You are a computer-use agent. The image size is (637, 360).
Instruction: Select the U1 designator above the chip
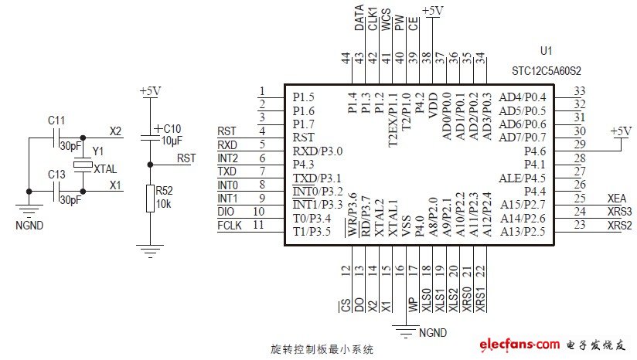[546, 52]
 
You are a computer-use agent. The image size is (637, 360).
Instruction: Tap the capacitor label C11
[56, 121]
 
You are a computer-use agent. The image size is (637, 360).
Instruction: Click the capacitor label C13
[56, 175]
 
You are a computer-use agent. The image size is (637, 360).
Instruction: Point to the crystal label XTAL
[105, 168]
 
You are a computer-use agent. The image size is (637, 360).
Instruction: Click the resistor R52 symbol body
[149, 199]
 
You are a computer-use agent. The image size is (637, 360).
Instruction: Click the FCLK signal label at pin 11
[230, 225]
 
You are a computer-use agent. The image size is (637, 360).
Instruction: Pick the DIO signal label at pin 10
[227, 211]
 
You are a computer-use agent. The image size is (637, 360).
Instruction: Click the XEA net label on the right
[617, 198]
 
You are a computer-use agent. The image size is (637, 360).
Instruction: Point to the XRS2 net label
[618, 225]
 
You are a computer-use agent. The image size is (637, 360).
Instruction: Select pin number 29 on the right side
[579, 144]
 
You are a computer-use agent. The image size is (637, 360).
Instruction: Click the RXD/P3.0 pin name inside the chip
[317, 151]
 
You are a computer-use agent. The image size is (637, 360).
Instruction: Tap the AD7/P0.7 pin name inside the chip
[523, 138]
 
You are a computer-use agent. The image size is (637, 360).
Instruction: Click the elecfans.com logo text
[519, 344]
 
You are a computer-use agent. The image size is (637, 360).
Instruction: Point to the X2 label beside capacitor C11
[115, 131]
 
